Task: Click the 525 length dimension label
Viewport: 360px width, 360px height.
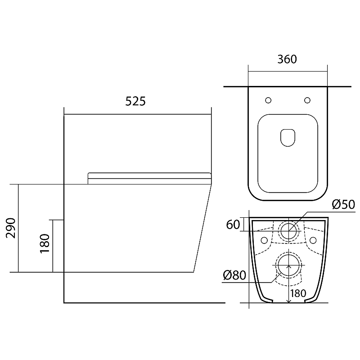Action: point(135,101)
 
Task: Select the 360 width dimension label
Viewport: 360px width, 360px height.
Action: point(287,59)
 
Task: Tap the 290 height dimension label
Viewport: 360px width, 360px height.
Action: point(10,228)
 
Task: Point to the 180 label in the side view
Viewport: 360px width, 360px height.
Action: point(45,243)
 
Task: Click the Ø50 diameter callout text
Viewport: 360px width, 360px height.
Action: point(343,204)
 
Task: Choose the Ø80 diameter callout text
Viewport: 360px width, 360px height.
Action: point(234,275)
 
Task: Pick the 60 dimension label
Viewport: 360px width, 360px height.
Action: point(233,224)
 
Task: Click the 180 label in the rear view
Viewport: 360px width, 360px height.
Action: point(298,293)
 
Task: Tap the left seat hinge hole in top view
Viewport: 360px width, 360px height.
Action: point(268,100)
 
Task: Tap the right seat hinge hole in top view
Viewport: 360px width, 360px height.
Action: point(307,100)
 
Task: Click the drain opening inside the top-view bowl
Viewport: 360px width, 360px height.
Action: point(288,138)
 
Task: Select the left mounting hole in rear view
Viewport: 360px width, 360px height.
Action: point(264,240)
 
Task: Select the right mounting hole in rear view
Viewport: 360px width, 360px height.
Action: point(313,240)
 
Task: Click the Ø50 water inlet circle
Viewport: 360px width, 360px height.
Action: point(288,231)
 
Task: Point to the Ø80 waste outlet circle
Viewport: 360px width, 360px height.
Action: point(288,265)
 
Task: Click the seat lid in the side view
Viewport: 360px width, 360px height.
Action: point(149,178)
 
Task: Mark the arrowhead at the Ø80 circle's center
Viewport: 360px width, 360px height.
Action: point(288,266)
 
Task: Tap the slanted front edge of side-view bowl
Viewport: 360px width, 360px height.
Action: point(202,228)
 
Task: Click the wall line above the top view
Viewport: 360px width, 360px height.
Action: point(287,86)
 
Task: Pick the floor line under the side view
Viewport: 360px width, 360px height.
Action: point(144,303)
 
